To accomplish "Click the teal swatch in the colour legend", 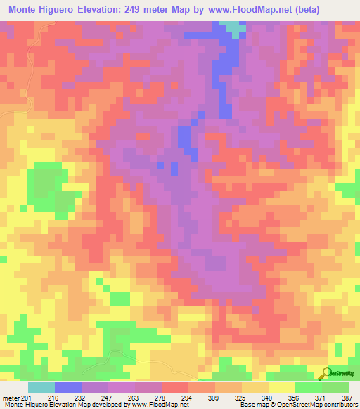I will [x=41, y=387].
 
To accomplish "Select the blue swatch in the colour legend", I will [x=67, y=387].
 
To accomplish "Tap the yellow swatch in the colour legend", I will [x=281, y=387].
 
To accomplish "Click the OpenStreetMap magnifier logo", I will [x=326, y=372].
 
